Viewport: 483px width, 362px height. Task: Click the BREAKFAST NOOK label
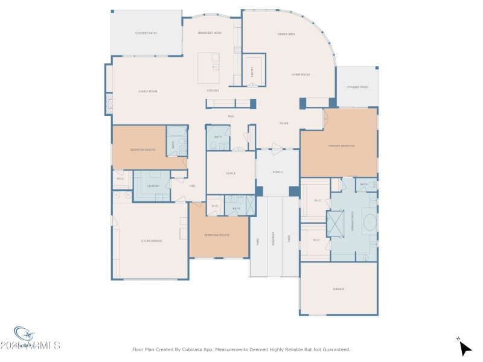tap(210, 33)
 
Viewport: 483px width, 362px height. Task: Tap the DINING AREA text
tap(286, 34)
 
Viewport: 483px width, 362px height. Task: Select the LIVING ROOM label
tap(301, 75)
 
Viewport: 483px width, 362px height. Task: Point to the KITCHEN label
tap(213, 91)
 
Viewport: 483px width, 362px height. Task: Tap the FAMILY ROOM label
tap(148, 91)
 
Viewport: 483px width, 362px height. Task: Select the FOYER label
tap(283, 123)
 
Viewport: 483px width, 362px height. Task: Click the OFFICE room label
tap(231, 173)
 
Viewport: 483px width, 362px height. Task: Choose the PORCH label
tap(278, 173)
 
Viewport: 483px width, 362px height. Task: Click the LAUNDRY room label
tap(153, 185)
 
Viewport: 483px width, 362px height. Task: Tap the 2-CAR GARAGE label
tap(151, 241)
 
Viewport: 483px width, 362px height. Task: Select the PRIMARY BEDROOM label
tap(342, 146)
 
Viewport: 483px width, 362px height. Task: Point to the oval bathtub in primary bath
tap(369, 221)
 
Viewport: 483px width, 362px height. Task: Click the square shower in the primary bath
tap(336, 221)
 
